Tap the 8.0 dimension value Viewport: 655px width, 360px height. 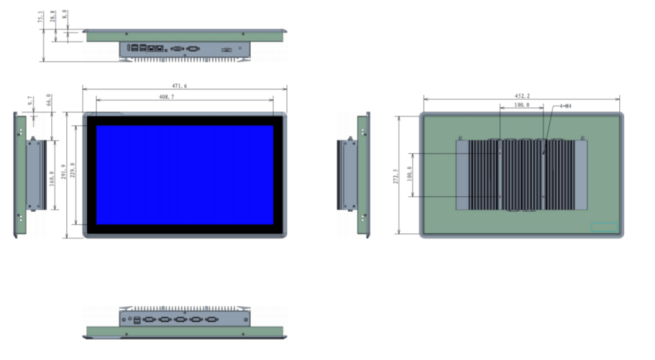[65, 13]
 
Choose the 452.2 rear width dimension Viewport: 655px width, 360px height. [522, 96]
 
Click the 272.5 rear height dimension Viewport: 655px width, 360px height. [396, 176]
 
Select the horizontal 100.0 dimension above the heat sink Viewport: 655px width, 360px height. [521, 105]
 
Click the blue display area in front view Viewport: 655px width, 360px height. [185, 175]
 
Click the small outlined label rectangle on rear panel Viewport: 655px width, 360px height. [604, 227]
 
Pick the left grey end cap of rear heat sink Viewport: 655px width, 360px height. [462, 175]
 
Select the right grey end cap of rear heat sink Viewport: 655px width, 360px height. [580, 175]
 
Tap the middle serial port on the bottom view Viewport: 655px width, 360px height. [180, 318]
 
